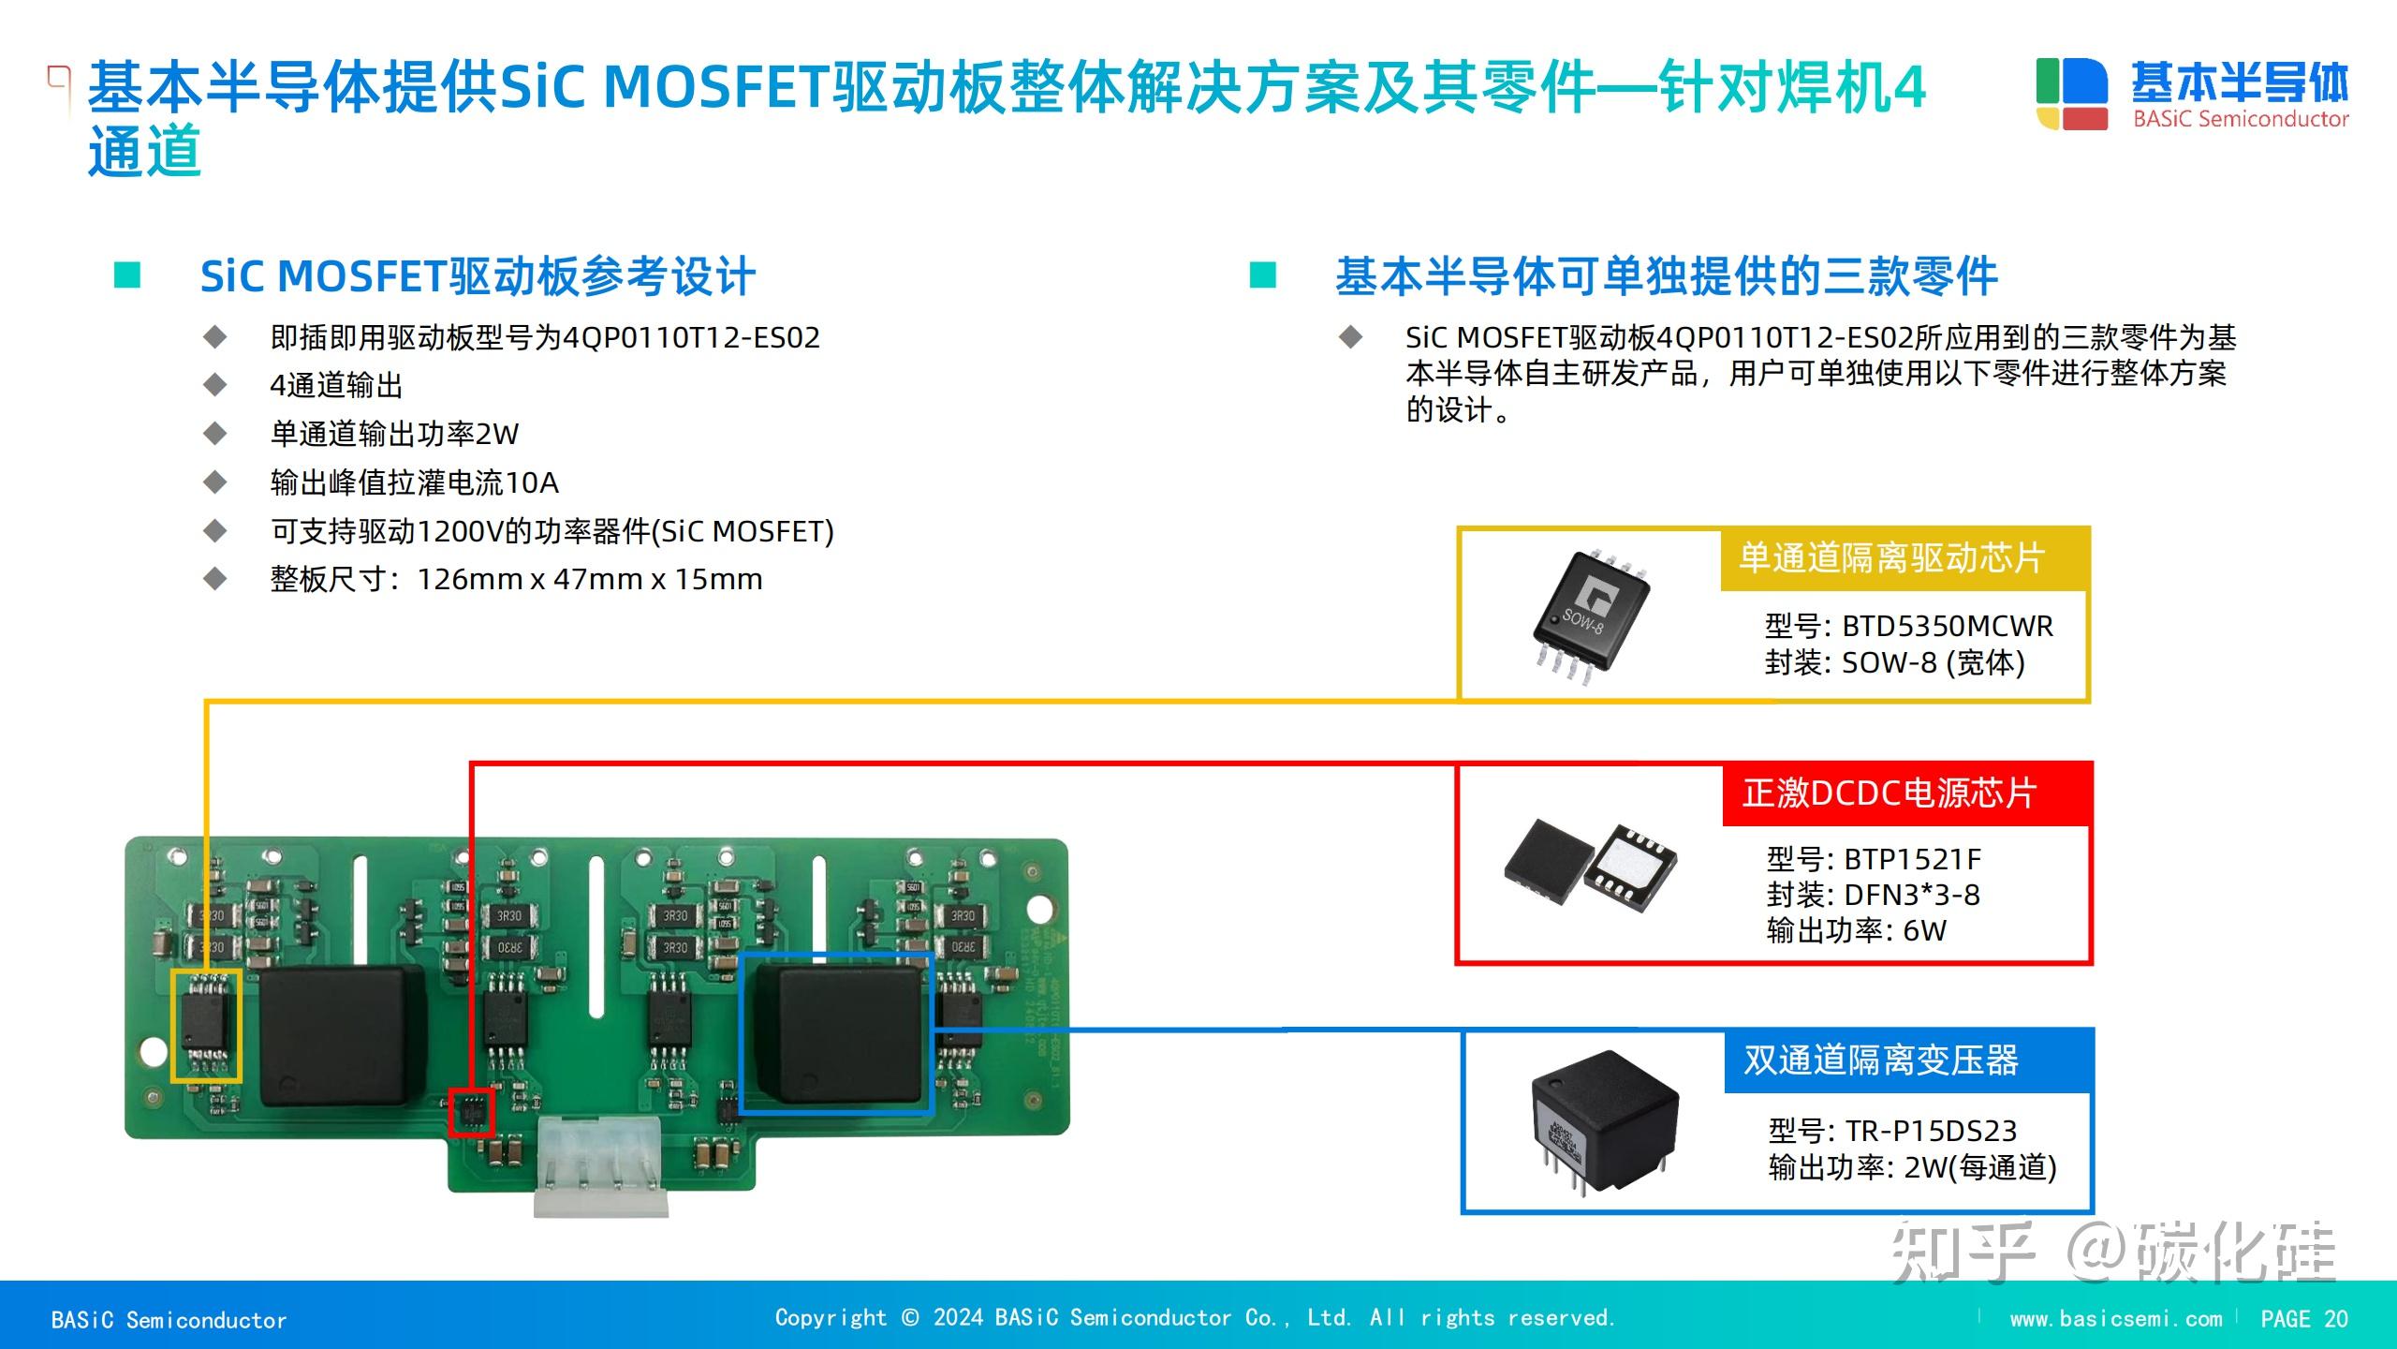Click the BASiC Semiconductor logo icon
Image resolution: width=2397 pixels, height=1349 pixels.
click(x=2071, y=94)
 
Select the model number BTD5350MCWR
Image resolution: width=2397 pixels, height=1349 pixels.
click(x=1948, y=626)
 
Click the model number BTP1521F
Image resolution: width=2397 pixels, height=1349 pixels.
click(x=1913, y=859)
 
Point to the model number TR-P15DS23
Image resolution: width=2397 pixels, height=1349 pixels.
click(x=1931, y=1131)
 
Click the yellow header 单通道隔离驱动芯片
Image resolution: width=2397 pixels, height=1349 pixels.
click(x=1891, y=558)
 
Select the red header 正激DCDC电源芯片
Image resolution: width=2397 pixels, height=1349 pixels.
click(x=1890, y=793)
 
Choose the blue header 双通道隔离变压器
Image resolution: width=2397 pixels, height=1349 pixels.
click(x=1880, y=1060)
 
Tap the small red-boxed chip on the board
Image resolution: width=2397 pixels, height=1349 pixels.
click(x=470, y=1113)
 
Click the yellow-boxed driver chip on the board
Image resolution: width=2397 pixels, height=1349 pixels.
click(x=206, y=1026)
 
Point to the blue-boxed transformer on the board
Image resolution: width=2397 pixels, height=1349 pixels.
click(x=836, y=1033)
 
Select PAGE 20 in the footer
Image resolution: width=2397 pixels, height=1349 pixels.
click(x=2303, y=1319)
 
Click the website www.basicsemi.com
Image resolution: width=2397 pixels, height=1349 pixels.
click(x=2116, y=1319)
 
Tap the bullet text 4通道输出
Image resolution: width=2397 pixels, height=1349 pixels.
click(x=336, y=385)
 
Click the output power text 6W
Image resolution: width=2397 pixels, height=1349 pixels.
click(x=1925, y=930)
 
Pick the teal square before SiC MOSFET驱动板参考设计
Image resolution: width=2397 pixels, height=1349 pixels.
click(x=127, y=275)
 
